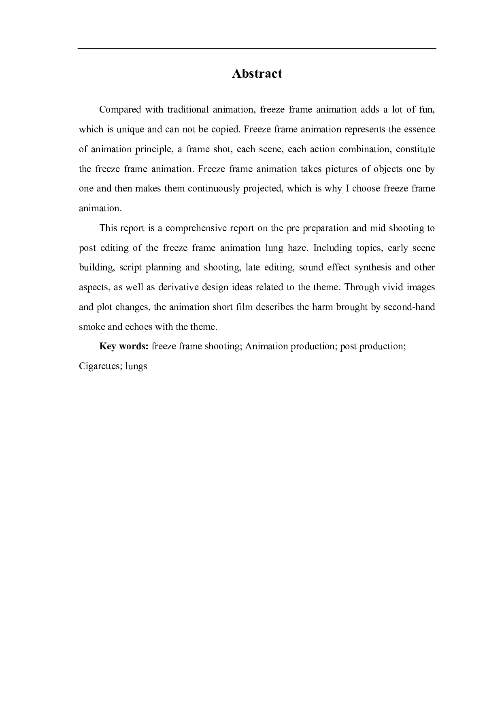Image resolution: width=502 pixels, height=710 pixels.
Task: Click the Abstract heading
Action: (257, 74)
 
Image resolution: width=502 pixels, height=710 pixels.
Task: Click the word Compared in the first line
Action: (120, 110)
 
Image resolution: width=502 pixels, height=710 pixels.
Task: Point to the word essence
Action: (419, 130)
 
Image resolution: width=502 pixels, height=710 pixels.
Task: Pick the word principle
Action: (153, 149)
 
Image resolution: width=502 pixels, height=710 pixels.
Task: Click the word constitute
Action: (415, 149)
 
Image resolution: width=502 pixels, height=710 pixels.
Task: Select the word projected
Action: (262, 189)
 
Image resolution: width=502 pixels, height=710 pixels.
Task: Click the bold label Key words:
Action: (124, 346)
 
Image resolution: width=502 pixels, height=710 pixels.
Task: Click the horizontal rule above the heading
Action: (257, 49)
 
